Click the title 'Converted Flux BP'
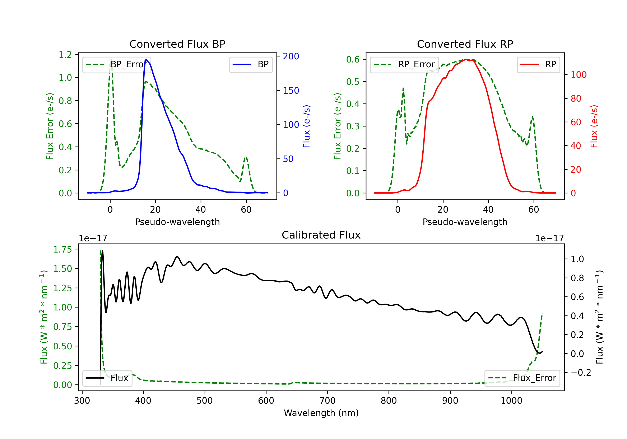(177, 44)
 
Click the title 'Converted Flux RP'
(465, 44)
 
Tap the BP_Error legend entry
(117, 64)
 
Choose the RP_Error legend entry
(404, 64)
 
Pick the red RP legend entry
(538, 64)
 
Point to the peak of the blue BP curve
(146, 59)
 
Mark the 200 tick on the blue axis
(291, 56)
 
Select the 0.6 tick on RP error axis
(353, 59)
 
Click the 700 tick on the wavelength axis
(328, 401)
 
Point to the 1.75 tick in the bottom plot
(62, 249)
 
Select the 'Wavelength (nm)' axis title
(321, 413)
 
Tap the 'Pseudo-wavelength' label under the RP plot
(465, 222)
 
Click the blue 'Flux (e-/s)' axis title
(306, 126)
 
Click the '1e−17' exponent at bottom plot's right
(549, 238)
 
